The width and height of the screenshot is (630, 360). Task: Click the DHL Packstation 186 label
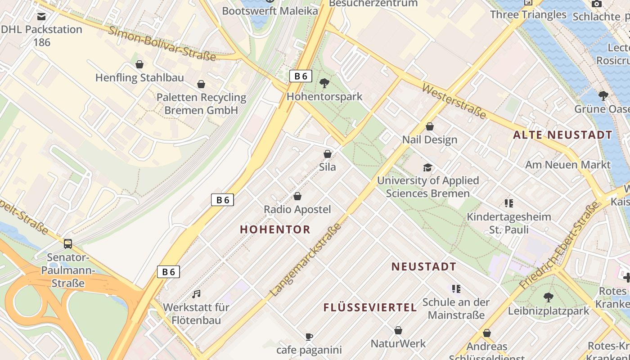(41, 36)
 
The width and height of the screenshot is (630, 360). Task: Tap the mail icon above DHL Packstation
(41, 17)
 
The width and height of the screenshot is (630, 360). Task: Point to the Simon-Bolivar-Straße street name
(162, 44)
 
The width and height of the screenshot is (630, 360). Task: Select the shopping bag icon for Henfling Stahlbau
(139, 64)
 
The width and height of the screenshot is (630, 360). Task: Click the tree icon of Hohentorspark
(324, 83)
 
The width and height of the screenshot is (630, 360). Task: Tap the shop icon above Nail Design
(430, 126)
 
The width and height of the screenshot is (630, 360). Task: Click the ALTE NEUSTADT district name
(563, 135)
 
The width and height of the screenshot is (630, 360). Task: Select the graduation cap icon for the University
(427, 167)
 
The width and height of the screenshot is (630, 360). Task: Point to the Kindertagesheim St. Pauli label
(509, 223)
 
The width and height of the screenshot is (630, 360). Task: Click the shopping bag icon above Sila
(328, 154)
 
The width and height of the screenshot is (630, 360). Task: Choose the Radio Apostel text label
(297, 209)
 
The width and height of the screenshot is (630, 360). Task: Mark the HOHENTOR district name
(275, 229)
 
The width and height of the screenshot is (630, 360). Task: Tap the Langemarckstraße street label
(306, 260)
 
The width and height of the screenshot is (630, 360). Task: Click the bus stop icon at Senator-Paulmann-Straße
(68, 244)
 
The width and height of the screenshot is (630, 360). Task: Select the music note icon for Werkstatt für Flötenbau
(196, 294)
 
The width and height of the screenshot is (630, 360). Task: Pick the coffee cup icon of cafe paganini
(309, 337)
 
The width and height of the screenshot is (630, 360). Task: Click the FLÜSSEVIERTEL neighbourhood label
(370, 308)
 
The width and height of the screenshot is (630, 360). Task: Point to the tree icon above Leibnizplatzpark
(548, 297)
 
